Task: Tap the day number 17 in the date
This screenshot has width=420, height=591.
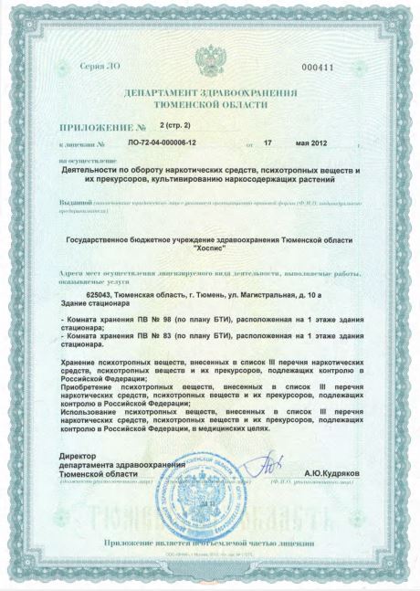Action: click(x=268, y=143)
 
